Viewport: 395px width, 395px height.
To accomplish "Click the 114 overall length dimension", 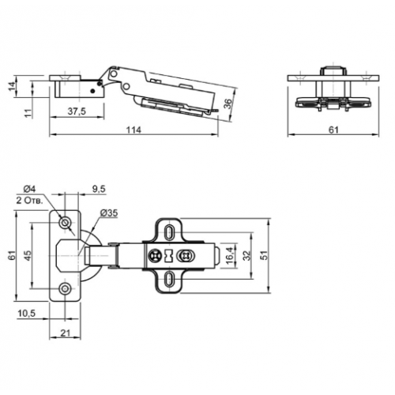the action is pyautogui.click(x=134, y=130).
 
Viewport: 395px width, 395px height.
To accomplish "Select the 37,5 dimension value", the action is pyautogui.click(x=77, y=111).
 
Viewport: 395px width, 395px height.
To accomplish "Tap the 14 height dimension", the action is pyautogui.click(x=12, y=86).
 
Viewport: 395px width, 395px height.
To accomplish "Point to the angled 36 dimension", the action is pyautogui.click(x=228, y=103).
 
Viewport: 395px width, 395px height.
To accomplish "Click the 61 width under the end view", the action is pyautogui.click(x=333, y=130).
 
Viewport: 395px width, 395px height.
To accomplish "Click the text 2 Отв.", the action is pyautogui.click(x=29, y=201).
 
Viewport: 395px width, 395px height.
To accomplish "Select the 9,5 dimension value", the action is pyautogui.click(x=99, y=189).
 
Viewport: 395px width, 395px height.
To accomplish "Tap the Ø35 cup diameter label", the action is pyautogui.click(x=109, y=213).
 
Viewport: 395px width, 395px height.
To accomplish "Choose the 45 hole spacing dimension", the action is pyautogui.click(x=28, y=255).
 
